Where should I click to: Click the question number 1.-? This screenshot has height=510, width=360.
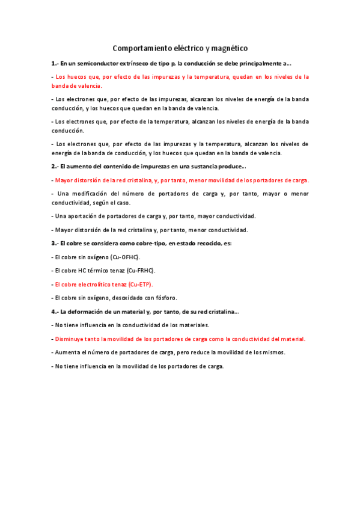[55, 63]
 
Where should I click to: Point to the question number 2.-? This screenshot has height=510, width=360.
[55, 166]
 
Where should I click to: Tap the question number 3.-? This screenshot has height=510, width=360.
[55, 243]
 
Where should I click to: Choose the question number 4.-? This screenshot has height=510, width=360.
[55, 312]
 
